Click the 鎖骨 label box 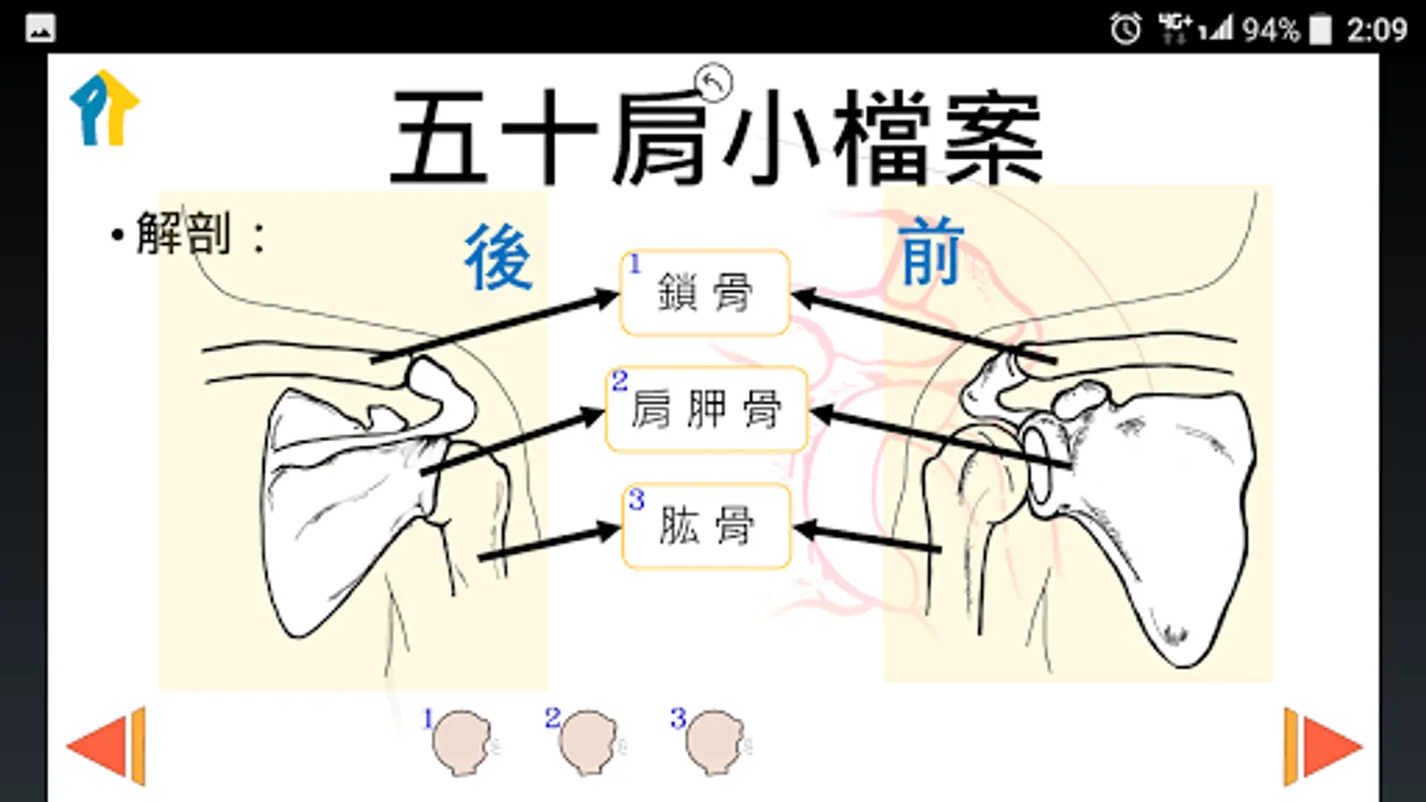click(705, 292)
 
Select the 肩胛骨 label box click(707, 409)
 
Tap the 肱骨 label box click(707, 526)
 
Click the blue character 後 click(498, 258)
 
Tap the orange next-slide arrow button click(1323, 747)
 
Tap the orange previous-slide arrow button click(106, 746)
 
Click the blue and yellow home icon click(104, 108)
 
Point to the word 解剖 click(184, 233)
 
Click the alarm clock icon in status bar click(1126, 29)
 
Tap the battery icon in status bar click(1320, 29)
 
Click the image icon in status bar click(41, 29)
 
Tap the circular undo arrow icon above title click(714, 82)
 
